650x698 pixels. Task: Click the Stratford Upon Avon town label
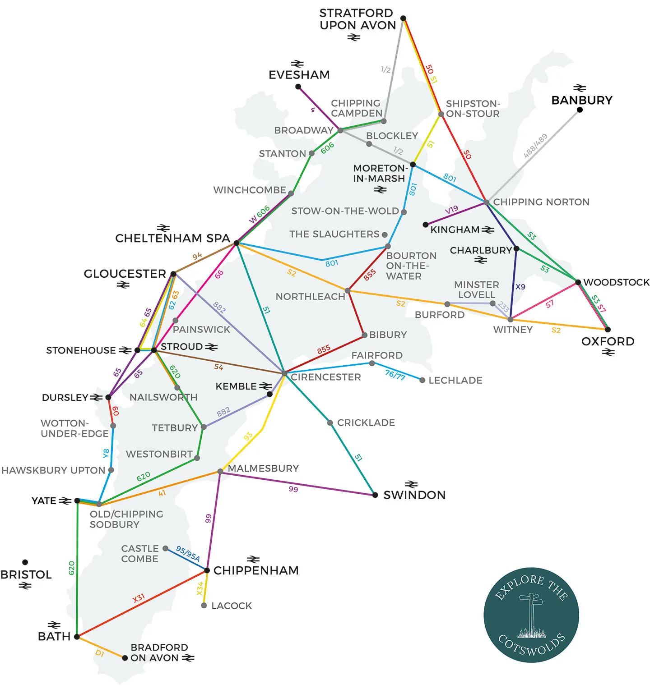tap(357, 19)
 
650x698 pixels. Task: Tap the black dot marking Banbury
tap(580, 110)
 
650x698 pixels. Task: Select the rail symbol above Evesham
tap(297, 64)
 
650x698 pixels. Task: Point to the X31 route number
tap(139, 598)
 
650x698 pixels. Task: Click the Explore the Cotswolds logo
tap(531, 615)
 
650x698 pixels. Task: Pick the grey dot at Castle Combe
tap(166, 548)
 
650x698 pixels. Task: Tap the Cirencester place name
tap(326, 377)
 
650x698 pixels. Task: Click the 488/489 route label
tap(535, 146)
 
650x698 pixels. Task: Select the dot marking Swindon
tap(375, 495)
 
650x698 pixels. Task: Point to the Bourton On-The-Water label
tap(411, 266)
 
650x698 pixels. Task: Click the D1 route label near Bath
tap(100, 653)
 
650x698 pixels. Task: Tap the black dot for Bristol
tap(25, 562)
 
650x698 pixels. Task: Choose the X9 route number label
tap(520, 287)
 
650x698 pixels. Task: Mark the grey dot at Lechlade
tap(422, 381)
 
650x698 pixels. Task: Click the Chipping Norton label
tap(541, 202)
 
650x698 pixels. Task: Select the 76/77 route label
tap(395, 374)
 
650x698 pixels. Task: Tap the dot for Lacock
tap(204, 606)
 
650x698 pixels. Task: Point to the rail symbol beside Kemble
tap(265, 386)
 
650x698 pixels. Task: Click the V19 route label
tap(451, 209)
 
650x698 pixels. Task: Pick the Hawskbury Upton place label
tap(53, 470)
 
